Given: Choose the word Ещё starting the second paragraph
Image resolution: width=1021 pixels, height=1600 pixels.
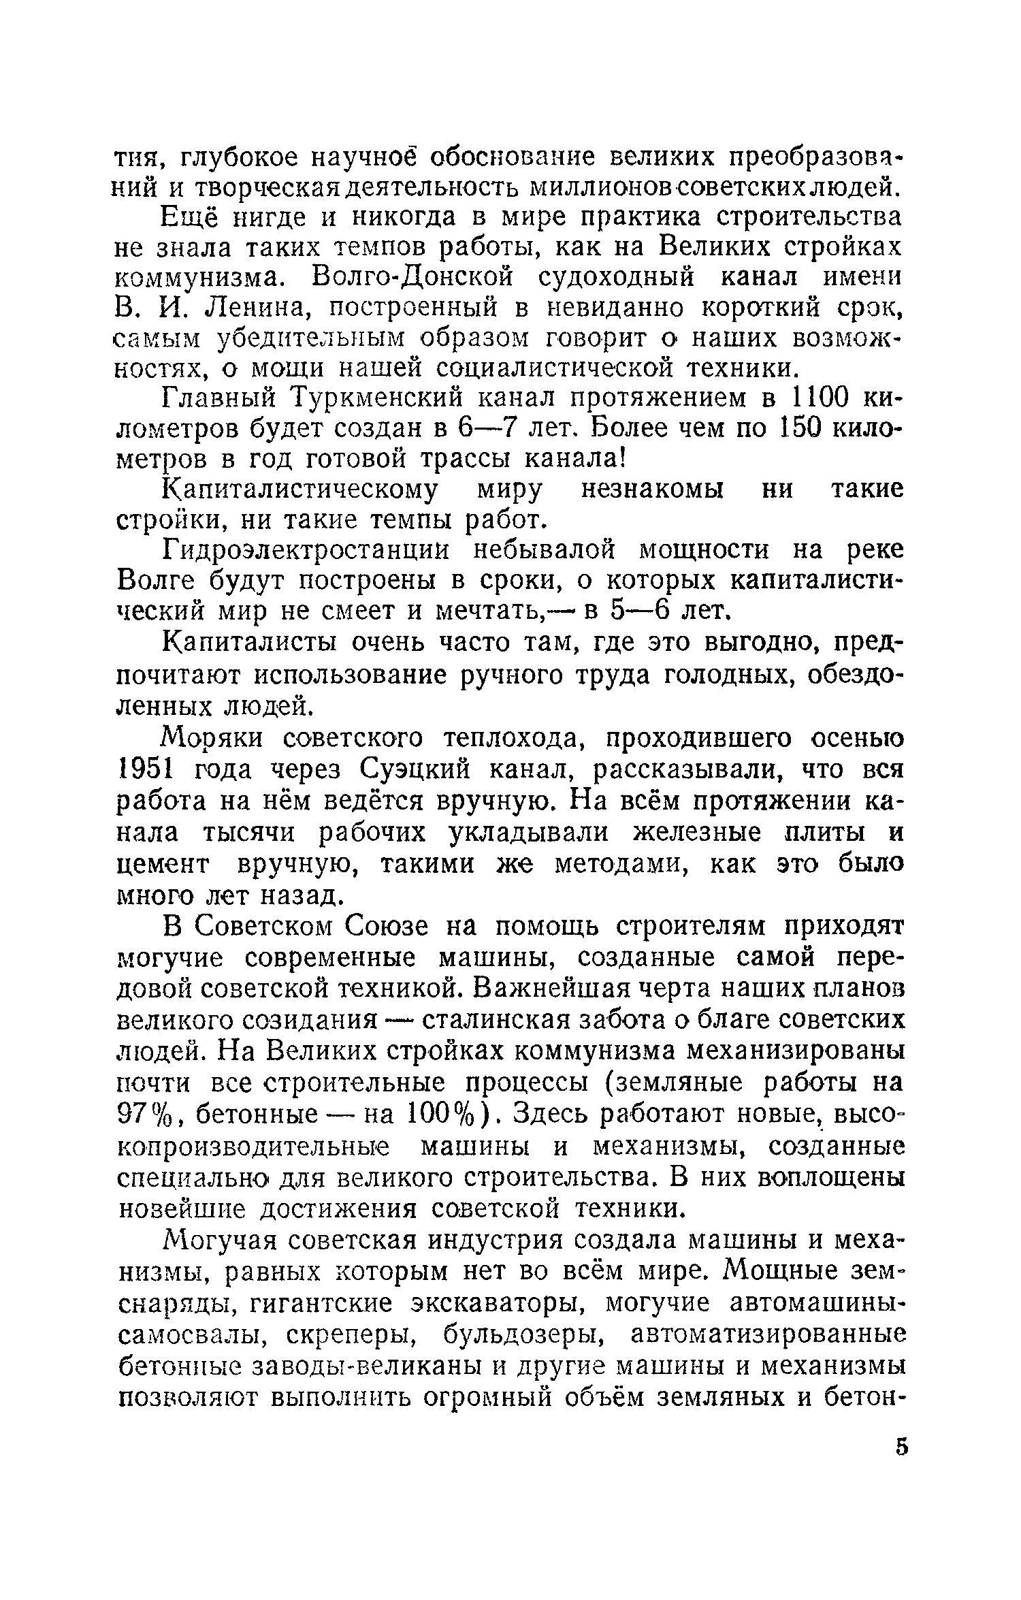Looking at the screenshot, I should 190,217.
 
